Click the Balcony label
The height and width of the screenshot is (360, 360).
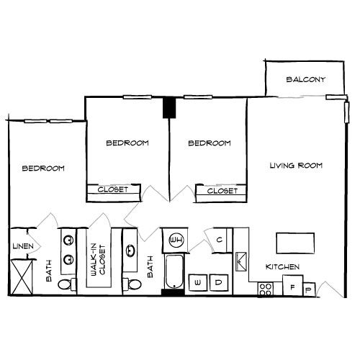click(306, 79)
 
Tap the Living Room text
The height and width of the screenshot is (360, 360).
click(296, 166)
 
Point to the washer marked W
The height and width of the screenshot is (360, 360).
click(198, 284)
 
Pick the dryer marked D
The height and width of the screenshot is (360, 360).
click(219, 284)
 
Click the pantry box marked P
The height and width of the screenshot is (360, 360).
click(310, 289)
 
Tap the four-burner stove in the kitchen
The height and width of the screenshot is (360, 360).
click(266, 289)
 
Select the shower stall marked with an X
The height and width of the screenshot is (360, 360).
click(22, 276)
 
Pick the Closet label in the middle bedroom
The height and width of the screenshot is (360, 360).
click(112, 190)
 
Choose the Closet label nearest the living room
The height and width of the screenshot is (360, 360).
click(222, 192)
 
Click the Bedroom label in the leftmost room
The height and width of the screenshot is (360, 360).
click(43, 168)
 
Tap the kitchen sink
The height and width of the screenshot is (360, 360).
click(241, 260)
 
